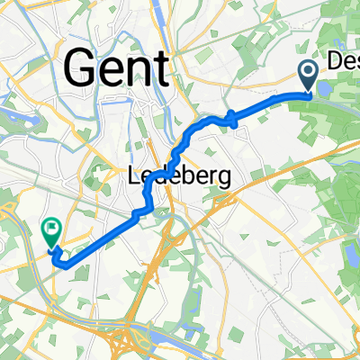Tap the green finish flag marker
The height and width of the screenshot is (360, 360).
point(51,236)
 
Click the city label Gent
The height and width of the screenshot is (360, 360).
point(117,67)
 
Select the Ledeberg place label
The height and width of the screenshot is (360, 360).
point(175,177)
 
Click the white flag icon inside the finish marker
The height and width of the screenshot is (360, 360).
point(51,231)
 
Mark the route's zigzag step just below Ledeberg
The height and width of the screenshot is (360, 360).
point(141,210)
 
